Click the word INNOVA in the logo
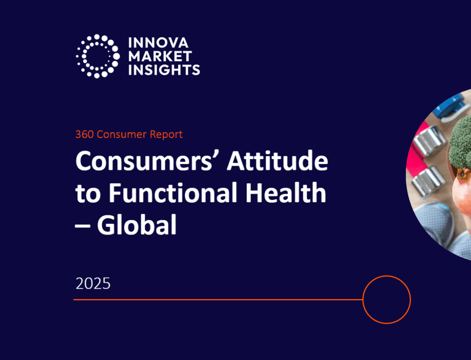click(158, 43)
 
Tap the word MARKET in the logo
click(160, 56)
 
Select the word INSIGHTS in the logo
click(164, 70)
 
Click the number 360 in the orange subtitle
click(85, 134)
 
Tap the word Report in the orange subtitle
click(166, 135)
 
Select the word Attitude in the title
click(277, 161)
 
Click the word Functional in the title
click(173, 193)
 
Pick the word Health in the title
click(286, 193)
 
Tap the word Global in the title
click(137, 224)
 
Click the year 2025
click(93, 283)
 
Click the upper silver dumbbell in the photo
click(429, 141)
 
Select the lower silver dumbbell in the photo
click(428, 181)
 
